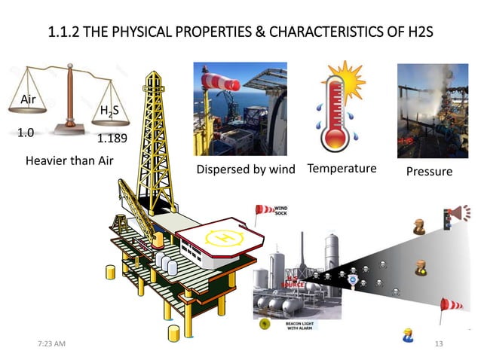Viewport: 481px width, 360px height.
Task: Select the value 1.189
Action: pyautogui.click(x=112, y=139)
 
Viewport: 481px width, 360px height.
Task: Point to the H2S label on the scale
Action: pyautogui.click(x=109, y=113)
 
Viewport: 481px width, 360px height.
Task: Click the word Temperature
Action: pyautogui.click(x=342, y=168)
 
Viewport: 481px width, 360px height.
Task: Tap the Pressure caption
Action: pyautogui.click(x=429, y=172)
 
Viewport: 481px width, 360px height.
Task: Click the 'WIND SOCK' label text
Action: pyautogui.click(x=280, y=210)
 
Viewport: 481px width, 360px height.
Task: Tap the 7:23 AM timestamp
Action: pyautogui.click(x=52, y=344)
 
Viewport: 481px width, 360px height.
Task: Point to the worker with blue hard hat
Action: pyautogui.click(x=408, y=335)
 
